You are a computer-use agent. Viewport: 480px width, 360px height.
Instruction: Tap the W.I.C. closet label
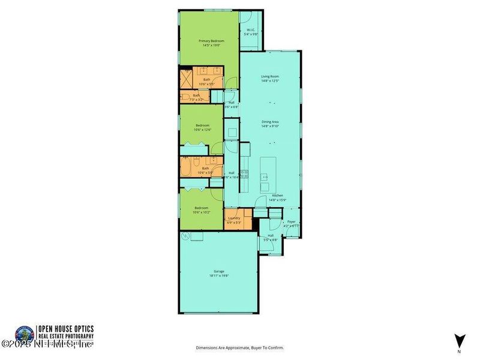[x=250, y=30]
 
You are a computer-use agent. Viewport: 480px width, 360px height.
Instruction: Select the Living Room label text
[x=270, y=77]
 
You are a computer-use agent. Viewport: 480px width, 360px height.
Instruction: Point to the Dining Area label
[x=270, y=122]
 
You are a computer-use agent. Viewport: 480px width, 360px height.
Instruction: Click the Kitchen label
[x=277, y=196]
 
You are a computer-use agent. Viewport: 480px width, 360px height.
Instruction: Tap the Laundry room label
[x=233, y=218]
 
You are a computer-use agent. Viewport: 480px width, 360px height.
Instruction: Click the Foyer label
[x=291, y=221]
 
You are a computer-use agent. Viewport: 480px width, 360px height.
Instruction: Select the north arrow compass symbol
[x=459, y=340]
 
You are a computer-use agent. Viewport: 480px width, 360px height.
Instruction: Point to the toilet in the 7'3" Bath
[x=186, y=97]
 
